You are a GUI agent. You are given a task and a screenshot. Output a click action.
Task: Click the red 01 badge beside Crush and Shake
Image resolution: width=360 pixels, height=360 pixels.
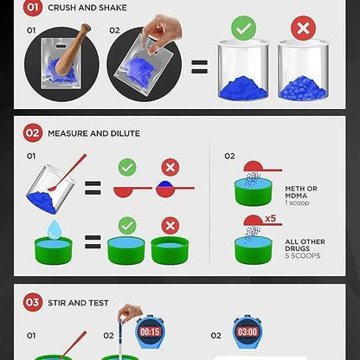(33, 7)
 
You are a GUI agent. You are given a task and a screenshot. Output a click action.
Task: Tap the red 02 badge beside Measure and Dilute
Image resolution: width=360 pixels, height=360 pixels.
(33, 133)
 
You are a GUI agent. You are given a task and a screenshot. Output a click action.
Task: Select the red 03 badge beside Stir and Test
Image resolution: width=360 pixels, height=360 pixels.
(33, 302)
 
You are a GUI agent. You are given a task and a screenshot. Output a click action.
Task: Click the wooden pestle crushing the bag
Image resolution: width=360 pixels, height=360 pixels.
(72, 49)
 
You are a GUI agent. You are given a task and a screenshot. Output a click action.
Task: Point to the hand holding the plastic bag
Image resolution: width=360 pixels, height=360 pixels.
(162, 32)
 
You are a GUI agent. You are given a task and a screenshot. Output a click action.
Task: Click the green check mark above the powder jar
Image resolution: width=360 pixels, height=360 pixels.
(244, 28)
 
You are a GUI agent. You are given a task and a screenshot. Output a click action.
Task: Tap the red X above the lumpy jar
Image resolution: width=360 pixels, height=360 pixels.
(303, 28)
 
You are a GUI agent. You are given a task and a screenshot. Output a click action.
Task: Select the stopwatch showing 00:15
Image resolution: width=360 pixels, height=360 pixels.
(150, 331)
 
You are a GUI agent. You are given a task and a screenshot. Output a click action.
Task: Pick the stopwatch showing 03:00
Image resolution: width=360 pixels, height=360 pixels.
(247, 331)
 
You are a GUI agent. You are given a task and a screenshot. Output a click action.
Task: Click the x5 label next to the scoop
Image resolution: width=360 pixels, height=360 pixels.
(271, 218)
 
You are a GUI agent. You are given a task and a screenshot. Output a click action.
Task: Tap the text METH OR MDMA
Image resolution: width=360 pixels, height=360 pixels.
(301, 192)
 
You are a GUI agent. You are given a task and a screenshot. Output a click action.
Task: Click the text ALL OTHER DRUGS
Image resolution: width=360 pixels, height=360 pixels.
(305, 245)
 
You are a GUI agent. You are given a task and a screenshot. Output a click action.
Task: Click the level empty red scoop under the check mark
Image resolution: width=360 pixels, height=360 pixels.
(132, 191)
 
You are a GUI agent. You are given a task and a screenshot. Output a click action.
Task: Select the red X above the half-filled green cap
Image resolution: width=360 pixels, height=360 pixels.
(170, 226)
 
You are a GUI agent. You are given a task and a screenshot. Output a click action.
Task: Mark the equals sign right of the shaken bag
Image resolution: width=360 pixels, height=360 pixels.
(199, 67)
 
